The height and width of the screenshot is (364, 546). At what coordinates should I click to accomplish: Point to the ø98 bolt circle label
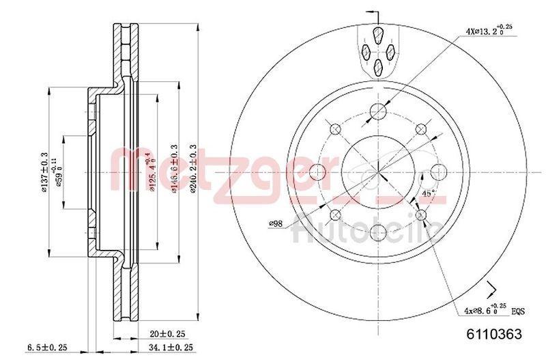(276, 223)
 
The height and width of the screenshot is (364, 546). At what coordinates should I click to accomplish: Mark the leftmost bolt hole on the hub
(317, 171)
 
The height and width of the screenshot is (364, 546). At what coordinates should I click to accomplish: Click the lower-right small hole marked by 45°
(420, 215)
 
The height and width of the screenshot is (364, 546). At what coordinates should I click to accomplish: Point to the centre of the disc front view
(377, 171)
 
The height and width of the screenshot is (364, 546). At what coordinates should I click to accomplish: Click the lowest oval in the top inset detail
(378, 66)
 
